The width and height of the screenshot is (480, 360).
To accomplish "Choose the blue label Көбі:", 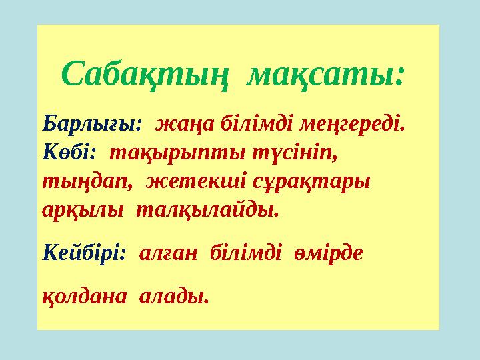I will click(x=69, y=153).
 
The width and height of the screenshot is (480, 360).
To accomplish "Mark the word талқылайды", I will click(x=207, y=211).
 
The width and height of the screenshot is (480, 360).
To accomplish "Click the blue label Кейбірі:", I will click(x=83, y=254).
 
